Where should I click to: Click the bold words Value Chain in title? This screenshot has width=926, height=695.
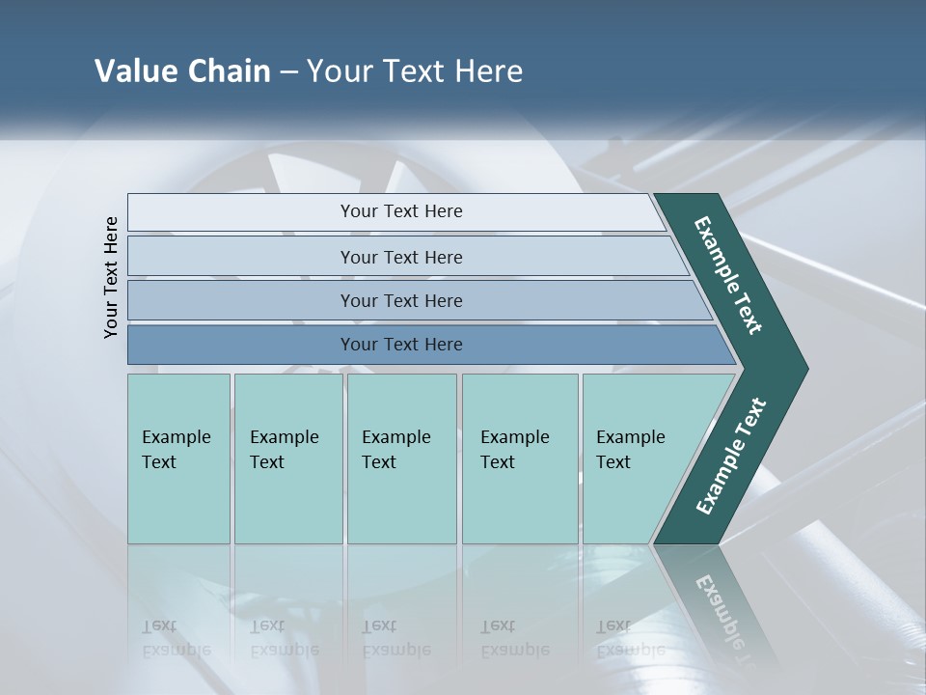tap(182, 71)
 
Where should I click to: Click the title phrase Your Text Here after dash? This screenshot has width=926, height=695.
tap(415, 71)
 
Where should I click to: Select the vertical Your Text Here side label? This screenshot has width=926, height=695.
tap(111, 277)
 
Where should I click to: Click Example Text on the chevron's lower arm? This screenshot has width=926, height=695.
tap(730, 457)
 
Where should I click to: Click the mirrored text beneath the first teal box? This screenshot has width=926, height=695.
tap(176, 638)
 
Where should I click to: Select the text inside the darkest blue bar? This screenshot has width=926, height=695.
tap(401, 345)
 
